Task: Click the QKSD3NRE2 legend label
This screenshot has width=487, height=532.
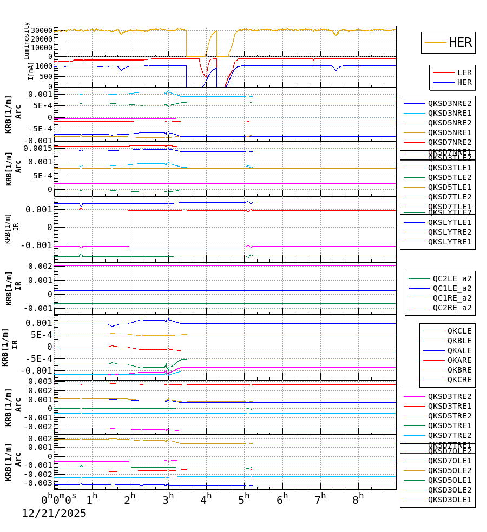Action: click(x=449, y=103)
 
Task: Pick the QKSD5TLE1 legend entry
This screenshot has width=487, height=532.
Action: click(x=449, y=187)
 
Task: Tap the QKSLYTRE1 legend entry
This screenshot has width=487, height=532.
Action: click(x=449, y=242)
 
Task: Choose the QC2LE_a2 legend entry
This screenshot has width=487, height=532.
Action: click(x=451, y=278)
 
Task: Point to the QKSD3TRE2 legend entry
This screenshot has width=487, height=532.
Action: click(x=449, y=396)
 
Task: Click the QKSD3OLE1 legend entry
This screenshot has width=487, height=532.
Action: click(x=449, y=500)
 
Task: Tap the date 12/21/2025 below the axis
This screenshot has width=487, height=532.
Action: click(x=54, y=514)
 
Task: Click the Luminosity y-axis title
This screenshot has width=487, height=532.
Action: click(x=27, y=41)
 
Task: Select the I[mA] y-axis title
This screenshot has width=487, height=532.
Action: click(x=31, y=70)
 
